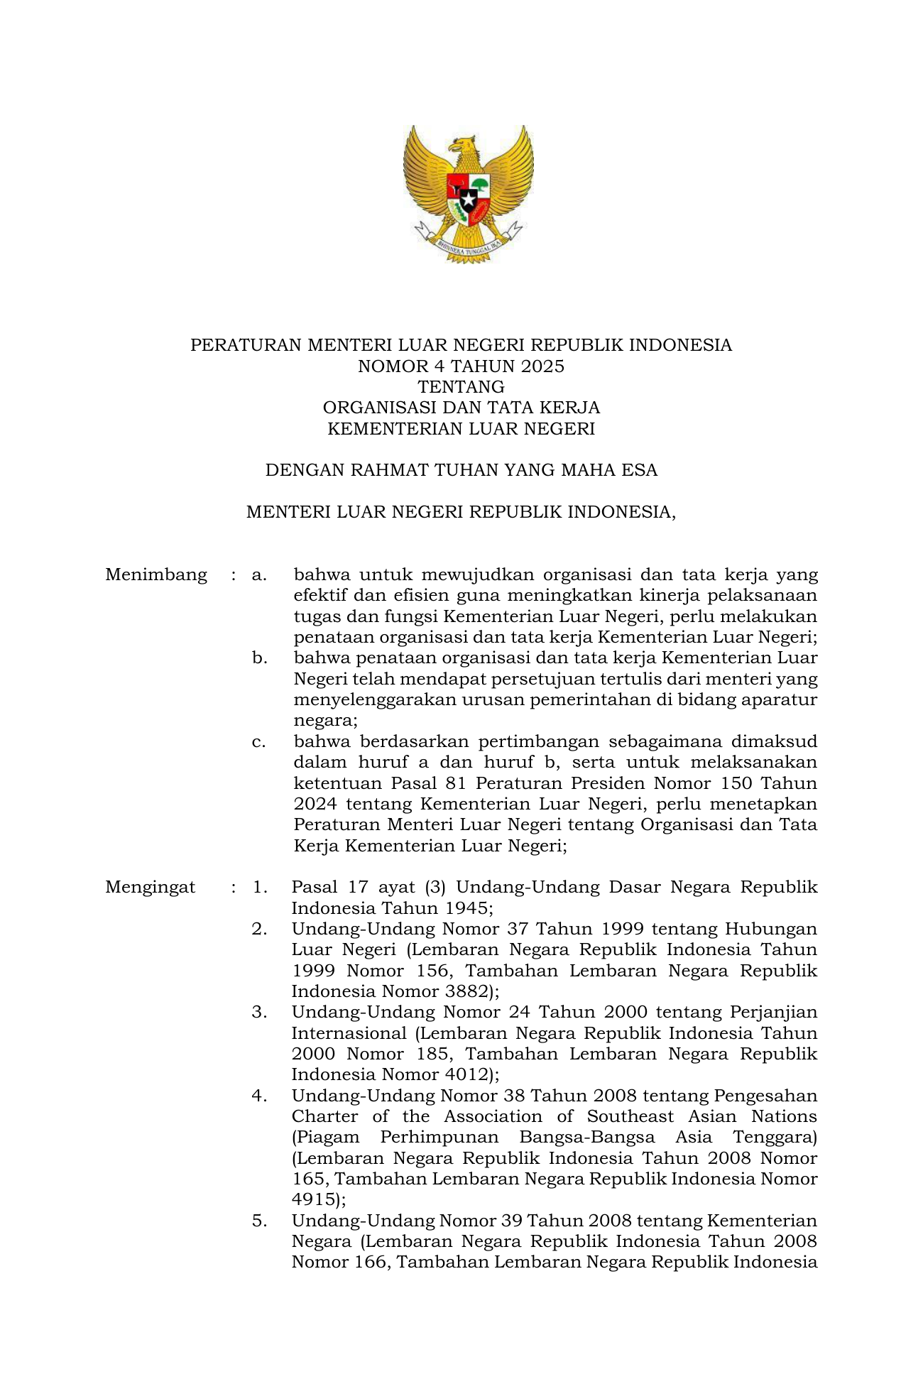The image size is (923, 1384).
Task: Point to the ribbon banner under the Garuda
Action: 469,244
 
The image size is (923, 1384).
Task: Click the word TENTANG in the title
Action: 461,387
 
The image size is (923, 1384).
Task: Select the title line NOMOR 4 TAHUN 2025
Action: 461,366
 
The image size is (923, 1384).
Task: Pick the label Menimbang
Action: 156,574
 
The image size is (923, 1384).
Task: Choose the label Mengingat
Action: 151,887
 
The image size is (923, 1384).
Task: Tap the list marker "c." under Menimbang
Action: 259,741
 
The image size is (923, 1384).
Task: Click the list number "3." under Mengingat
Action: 259,1012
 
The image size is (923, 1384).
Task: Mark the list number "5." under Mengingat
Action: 259,1221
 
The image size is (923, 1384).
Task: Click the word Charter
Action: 324,1116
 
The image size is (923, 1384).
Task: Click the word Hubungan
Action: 771,929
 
